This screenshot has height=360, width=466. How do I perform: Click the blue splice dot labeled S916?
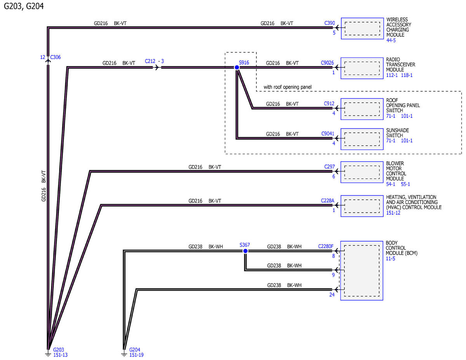[237, 68]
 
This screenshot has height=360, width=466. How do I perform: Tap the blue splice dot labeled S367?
[245, 251]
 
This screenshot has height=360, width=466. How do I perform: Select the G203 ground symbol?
[48, 354]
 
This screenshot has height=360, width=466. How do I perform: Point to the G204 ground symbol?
[124, 354]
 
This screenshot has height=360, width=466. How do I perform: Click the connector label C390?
[329, 23]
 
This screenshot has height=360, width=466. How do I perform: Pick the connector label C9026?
[327, 63]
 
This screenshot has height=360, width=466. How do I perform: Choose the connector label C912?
[329, 104]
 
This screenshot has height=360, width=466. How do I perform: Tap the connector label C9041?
[328, 134]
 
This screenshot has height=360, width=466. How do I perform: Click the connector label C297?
[329, 167]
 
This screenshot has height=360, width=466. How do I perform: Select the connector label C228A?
[327, 200]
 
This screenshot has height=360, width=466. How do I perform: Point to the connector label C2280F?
[326, 246]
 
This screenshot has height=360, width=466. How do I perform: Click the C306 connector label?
[55, 57]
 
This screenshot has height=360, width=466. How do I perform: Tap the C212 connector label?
[150, 61]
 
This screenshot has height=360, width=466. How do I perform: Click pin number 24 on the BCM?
[332, 295]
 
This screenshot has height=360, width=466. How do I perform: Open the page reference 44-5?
[391, 40]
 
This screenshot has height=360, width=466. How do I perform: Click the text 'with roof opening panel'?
[287, 87]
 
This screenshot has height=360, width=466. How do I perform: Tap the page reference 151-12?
[393, 213]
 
